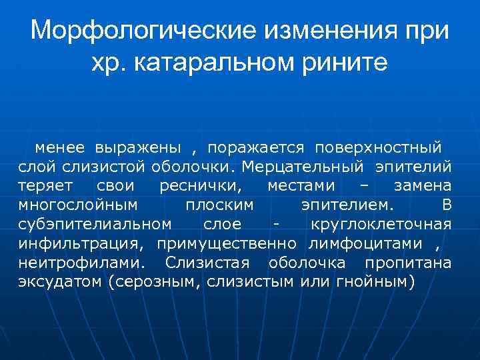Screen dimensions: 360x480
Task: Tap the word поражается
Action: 255,146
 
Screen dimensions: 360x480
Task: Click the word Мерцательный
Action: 303,165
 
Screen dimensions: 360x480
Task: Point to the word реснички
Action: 202,185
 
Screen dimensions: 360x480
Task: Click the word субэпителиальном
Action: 95,223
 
